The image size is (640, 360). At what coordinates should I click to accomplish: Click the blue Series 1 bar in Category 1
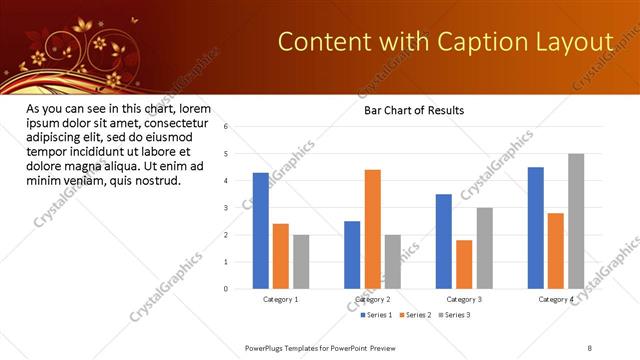pos(261,231)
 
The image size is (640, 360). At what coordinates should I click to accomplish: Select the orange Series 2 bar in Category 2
pos(372,229)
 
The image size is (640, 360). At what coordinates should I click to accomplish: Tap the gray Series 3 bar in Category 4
pos(576,221)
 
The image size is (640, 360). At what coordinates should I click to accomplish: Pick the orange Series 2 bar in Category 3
pos(464,264)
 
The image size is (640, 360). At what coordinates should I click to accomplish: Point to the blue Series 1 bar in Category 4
pos(536,228)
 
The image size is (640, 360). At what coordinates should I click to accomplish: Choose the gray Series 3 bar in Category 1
pos(301,262)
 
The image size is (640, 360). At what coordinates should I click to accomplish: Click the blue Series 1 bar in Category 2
pos(352,255)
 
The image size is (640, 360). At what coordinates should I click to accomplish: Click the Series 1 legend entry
pos(376,315)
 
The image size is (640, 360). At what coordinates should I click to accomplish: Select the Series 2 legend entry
pos(416,315)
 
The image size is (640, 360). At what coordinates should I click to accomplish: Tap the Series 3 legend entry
pos(455,315)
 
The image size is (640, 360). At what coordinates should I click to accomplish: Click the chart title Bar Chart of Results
pos(413,110)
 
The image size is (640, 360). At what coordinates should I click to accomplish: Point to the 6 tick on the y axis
pos(226,127)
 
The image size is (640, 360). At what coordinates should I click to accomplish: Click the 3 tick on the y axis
pos(226,208)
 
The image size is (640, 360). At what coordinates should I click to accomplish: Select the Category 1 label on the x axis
pos(281,299)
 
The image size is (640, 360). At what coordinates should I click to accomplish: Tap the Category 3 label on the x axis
pos(464,299)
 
